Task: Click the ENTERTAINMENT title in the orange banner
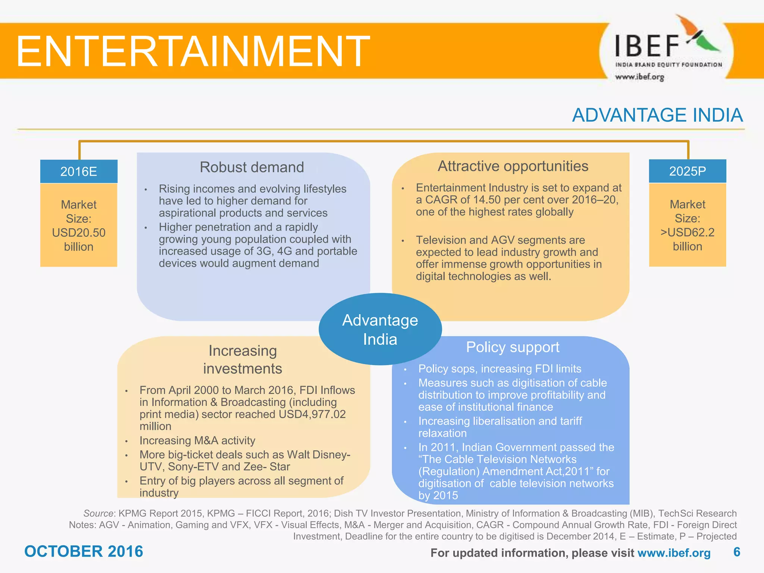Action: [192, 51]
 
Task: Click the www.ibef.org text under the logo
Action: [639, 77]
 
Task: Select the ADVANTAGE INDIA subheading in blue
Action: [657, 115]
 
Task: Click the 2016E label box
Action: [79, 172]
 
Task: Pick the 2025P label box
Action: [687, 171]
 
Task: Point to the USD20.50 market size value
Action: [79, 233]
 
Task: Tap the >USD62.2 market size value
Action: [687, 232]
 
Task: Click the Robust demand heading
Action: [252, 167]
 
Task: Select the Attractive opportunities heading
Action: [513, 166]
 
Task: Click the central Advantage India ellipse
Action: [380, 329]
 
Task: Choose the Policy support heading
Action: [513, 347]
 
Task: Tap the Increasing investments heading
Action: [242, 360]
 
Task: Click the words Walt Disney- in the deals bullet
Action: [319, 455]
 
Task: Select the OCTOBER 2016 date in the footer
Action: [84, 551]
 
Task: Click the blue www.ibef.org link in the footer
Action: [674, 553]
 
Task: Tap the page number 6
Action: [736, 552]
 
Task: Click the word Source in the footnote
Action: [98, 514]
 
